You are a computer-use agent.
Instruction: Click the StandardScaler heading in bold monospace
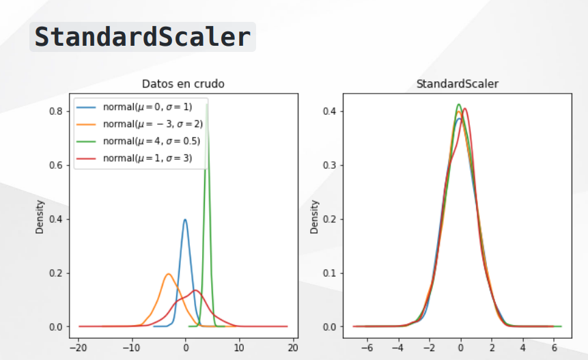tap(143, 37)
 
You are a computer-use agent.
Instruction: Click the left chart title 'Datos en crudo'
tap(183, 83)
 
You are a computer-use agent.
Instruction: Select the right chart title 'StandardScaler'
tap(457, 83)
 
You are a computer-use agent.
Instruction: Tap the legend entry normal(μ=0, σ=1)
tap(148, 107)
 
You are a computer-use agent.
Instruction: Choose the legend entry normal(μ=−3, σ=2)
tap(152, 124)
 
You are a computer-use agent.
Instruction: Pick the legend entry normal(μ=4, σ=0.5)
tap(152, 141)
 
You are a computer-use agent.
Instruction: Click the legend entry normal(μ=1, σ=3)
tap(148, 158)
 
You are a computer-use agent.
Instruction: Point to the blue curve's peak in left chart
tap(185, 220)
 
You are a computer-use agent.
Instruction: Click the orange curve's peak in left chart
tap(169, 274)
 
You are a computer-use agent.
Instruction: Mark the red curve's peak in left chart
tap(195, 290)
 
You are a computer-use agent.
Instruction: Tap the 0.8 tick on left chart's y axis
tap(55, 111)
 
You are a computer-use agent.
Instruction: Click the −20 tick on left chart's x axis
tap(78, 348)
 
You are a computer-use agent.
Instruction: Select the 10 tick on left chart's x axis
tap(239, 348)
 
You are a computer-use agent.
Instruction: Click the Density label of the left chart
tap(40, 217)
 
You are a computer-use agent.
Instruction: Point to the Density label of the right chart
tap(314, 217)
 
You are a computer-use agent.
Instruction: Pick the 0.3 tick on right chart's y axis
tap(330, 165)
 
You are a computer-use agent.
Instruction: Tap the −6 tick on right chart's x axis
tap(367, 348)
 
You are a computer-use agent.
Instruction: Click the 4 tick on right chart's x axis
tap(522, 348)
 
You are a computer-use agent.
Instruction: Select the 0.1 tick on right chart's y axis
tap(330, 273)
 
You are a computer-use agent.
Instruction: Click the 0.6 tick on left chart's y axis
tap(55, 165)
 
